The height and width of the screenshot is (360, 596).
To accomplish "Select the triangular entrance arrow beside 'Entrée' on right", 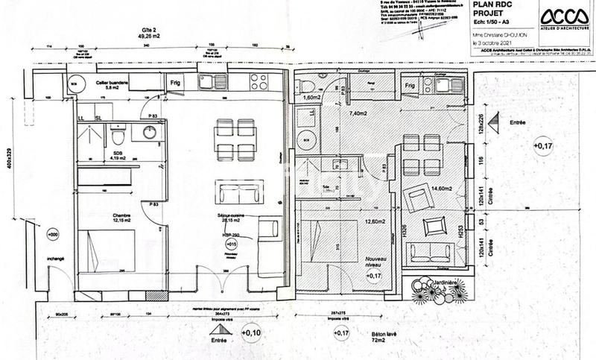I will [494, 122].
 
